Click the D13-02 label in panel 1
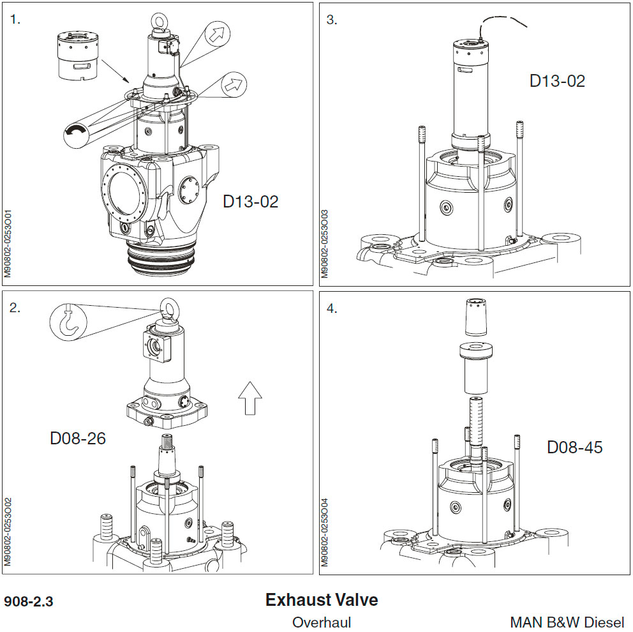point(250,202)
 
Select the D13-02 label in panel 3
point(557,81)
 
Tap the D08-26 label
point(78,439)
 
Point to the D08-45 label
point(574,448)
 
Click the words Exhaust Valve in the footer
point(321,600)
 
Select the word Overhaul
point(321,622)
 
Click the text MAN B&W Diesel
point(567,622)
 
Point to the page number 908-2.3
point(29,602)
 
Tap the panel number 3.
point(331,19)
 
